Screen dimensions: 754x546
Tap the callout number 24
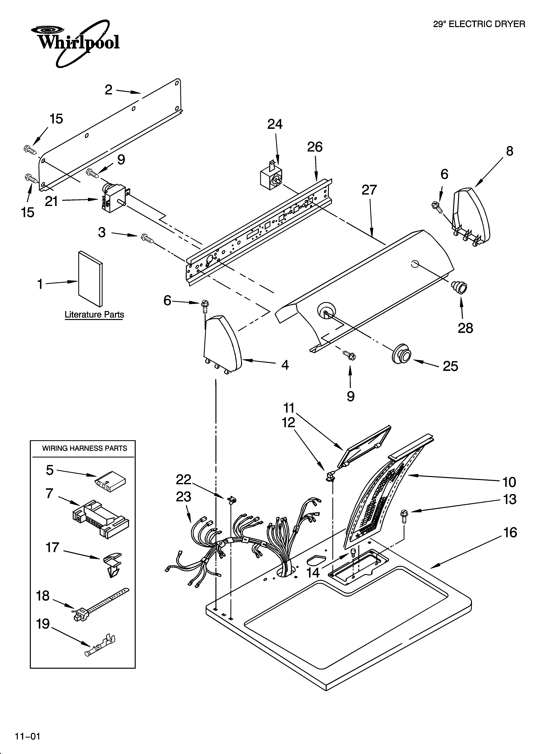275,124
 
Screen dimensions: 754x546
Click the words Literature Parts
94,314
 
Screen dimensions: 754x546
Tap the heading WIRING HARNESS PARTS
84,448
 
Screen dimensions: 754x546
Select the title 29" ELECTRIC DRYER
479,24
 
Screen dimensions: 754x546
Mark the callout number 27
369,190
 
